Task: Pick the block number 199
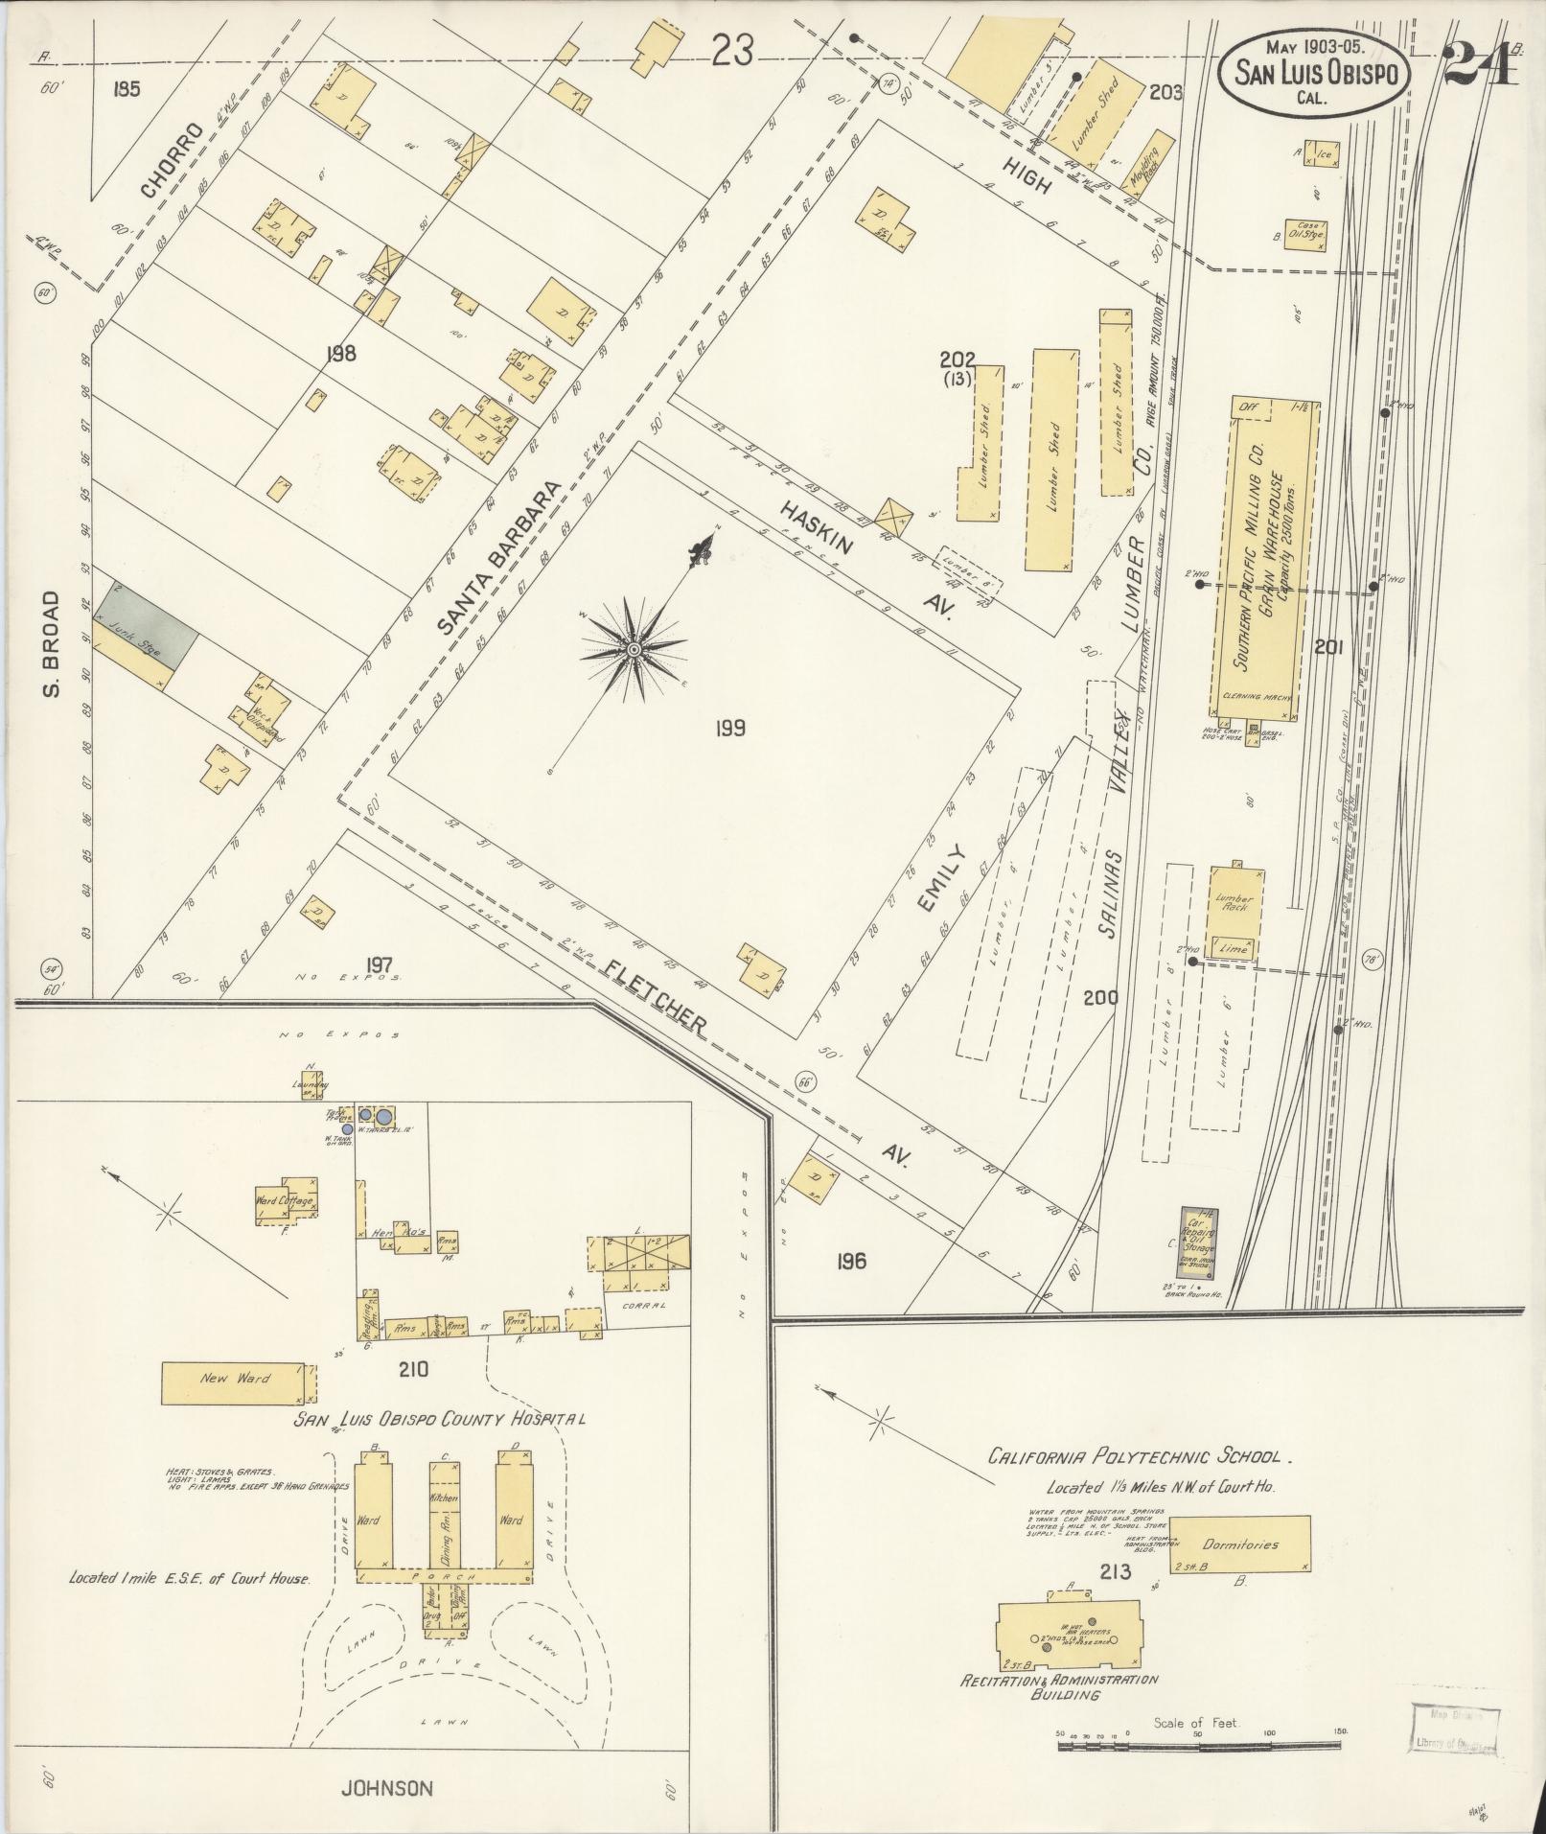pyautogui.click(x=729, y=729)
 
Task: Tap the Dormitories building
pyautogui.click(x=1240, y=1544)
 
